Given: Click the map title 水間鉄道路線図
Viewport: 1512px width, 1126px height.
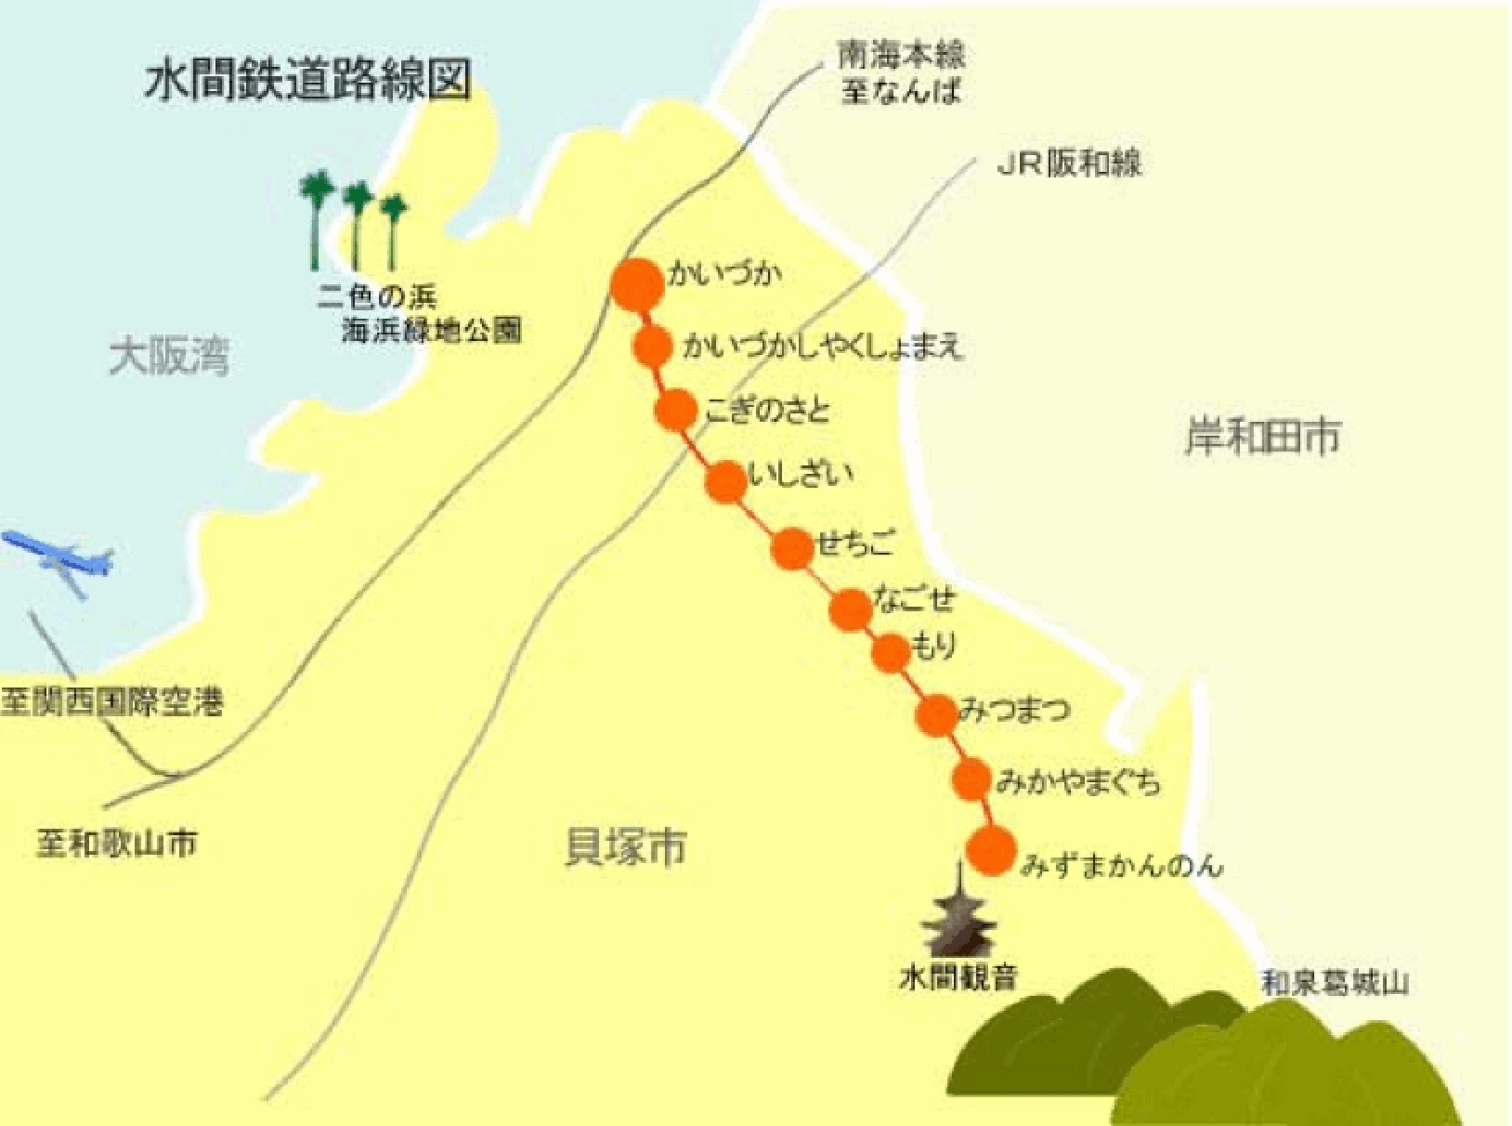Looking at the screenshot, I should pyautogui.click(x=308, y=81).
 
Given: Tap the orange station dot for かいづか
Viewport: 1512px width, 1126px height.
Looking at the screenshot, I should pyautogui.click(x=639, y=284).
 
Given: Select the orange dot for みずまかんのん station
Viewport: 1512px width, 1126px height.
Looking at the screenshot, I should pyautogui.click(x=991, y=850).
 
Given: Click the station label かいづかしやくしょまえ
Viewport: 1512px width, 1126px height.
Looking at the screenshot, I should pyautogui.click(x=823, y=347).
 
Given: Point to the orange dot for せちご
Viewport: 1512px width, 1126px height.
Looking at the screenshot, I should pyautogui.click(x=792, y=549).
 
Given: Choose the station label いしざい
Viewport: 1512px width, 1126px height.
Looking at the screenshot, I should pyautogui.click(x=800, y=476).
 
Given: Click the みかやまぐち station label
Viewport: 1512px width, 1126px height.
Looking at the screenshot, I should pyautogui.click(x=1078, y=782).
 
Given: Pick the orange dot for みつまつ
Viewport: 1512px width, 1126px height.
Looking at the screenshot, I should pyautogui.click(x=936, y=715).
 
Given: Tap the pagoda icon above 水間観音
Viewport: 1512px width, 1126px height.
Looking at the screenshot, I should pyautogui.click(x=959, y=914).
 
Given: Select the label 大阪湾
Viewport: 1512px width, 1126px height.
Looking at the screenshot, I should pyautogui.click(x=169, y=358).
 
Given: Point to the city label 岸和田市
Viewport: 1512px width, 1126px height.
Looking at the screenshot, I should pyautogui.click(x=1262, y=437).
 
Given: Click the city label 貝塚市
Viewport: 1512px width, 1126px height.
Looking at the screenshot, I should pyautogui.click(x=626, y=847).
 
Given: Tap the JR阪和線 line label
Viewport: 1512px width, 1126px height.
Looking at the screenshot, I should pyautogui.click(x=1069, y=164).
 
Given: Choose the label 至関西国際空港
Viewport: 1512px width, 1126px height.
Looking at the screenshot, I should pyautogui.click(x=112, y=702).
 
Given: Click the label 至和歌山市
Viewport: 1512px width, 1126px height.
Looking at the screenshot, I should pyautogui.click(x=117, y=844).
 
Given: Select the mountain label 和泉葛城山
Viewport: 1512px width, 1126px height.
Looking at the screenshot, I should pyautogui.click(x=1335, y=983).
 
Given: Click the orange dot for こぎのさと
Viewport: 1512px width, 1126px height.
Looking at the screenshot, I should pyautogui.click(x=675, y=410).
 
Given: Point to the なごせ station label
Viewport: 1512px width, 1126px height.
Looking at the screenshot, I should pyautogui.click(x=914, y=599).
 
